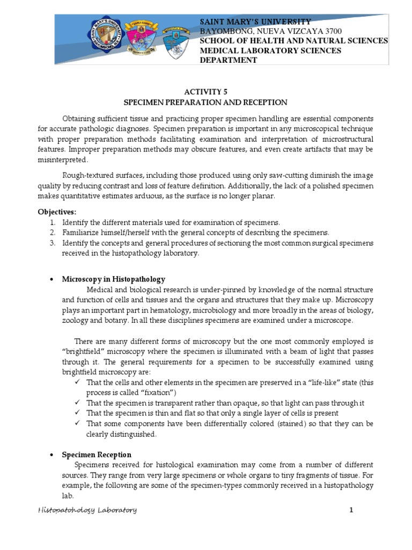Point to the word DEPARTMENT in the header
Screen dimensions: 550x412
point(229,60)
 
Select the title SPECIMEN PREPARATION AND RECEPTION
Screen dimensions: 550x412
point(205,102)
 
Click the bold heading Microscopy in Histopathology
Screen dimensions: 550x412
point(114,279)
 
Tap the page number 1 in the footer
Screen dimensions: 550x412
point(351,510)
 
